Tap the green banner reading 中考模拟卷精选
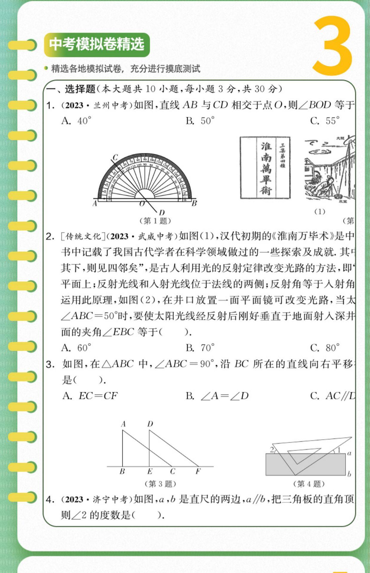[97, 45]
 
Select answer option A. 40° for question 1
[76, 121]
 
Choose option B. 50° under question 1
[200, 121]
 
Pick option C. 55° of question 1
[325, 121]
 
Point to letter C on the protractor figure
[115, 157]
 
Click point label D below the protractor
[162, 212]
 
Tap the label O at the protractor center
[142, 204]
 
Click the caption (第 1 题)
[155, 221]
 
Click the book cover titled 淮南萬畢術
[265, 167]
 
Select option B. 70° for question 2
[200, 348]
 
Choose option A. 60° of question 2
[76, 348]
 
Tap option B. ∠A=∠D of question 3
[217, 396]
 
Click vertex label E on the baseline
[150, 472]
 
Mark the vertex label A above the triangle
[123, 424]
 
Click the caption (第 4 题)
[309, 484]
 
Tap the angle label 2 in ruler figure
[272, 449]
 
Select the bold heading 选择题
[80, 89]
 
